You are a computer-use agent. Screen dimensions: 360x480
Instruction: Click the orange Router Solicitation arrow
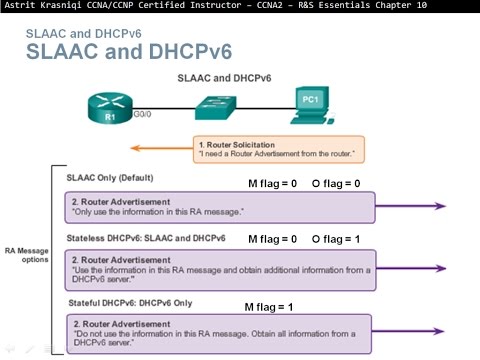tap(164, 148)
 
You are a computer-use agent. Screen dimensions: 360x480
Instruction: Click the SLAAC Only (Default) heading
tap(110, 178)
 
